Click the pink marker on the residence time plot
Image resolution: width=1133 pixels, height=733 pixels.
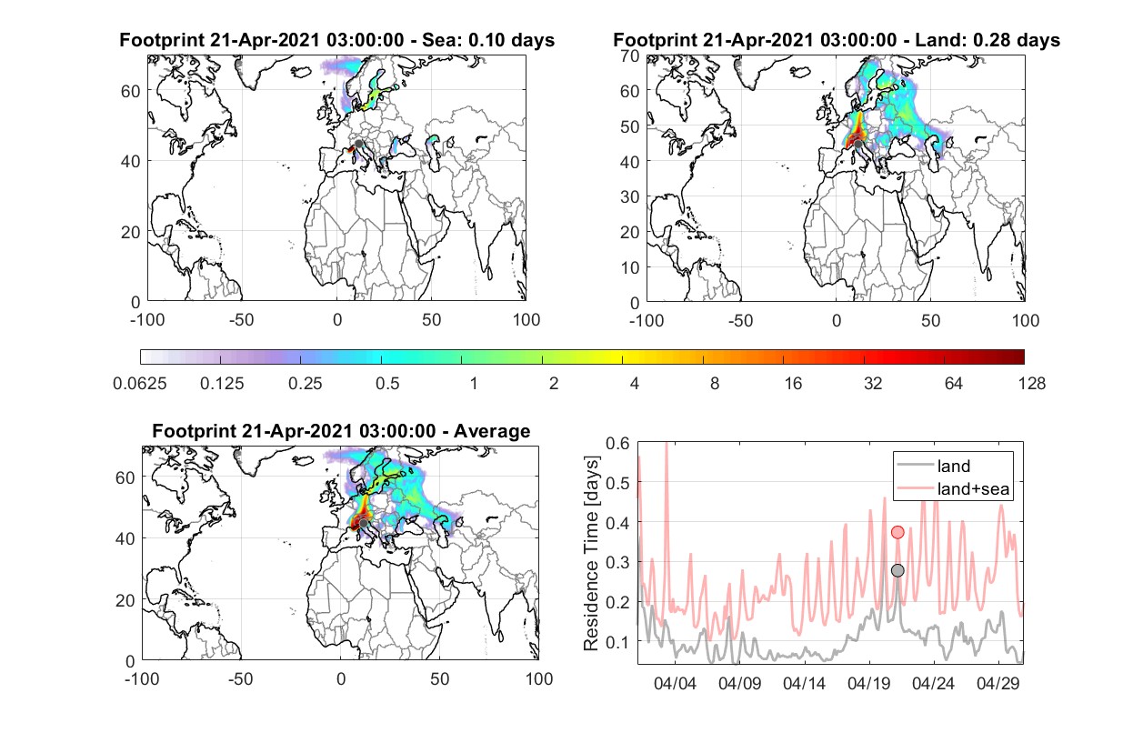(897, 532)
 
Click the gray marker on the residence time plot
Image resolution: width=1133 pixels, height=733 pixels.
(897, 570)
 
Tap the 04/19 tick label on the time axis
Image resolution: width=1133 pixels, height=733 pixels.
(868, 684)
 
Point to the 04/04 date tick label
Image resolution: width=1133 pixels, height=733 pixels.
(675, 684)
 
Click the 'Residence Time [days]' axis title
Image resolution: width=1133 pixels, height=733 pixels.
(591, 554)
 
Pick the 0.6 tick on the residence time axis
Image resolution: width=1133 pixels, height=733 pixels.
(617, 444)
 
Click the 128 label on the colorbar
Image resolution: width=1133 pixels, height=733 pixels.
(1032, 384)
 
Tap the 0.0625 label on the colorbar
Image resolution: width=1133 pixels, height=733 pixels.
(140, 384)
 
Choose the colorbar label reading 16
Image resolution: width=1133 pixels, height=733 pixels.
(793, 384)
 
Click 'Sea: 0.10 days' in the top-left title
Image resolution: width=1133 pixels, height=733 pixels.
(488, 40)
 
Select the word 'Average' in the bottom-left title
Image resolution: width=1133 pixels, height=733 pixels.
(492, 431)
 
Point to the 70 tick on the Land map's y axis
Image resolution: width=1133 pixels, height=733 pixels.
(630, 56)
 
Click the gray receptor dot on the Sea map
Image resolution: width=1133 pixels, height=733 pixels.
(358, 144)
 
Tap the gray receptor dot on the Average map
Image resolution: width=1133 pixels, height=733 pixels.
(363, 523)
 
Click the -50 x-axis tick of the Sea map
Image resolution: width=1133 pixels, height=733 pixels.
(242, 320)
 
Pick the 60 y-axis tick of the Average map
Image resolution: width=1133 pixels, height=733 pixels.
(125, 477)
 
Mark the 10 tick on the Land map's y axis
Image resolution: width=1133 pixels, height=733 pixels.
(630, 267)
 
